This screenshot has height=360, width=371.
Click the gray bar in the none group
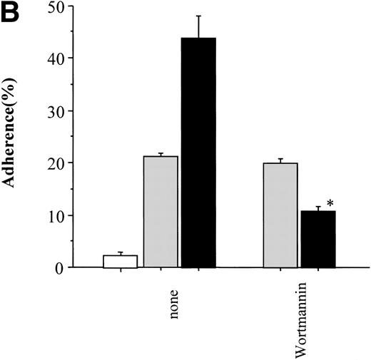161,212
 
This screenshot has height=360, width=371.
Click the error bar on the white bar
121,253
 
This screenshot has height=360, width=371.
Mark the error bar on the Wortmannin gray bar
280,160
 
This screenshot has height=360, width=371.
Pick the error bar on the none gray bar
161,155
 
